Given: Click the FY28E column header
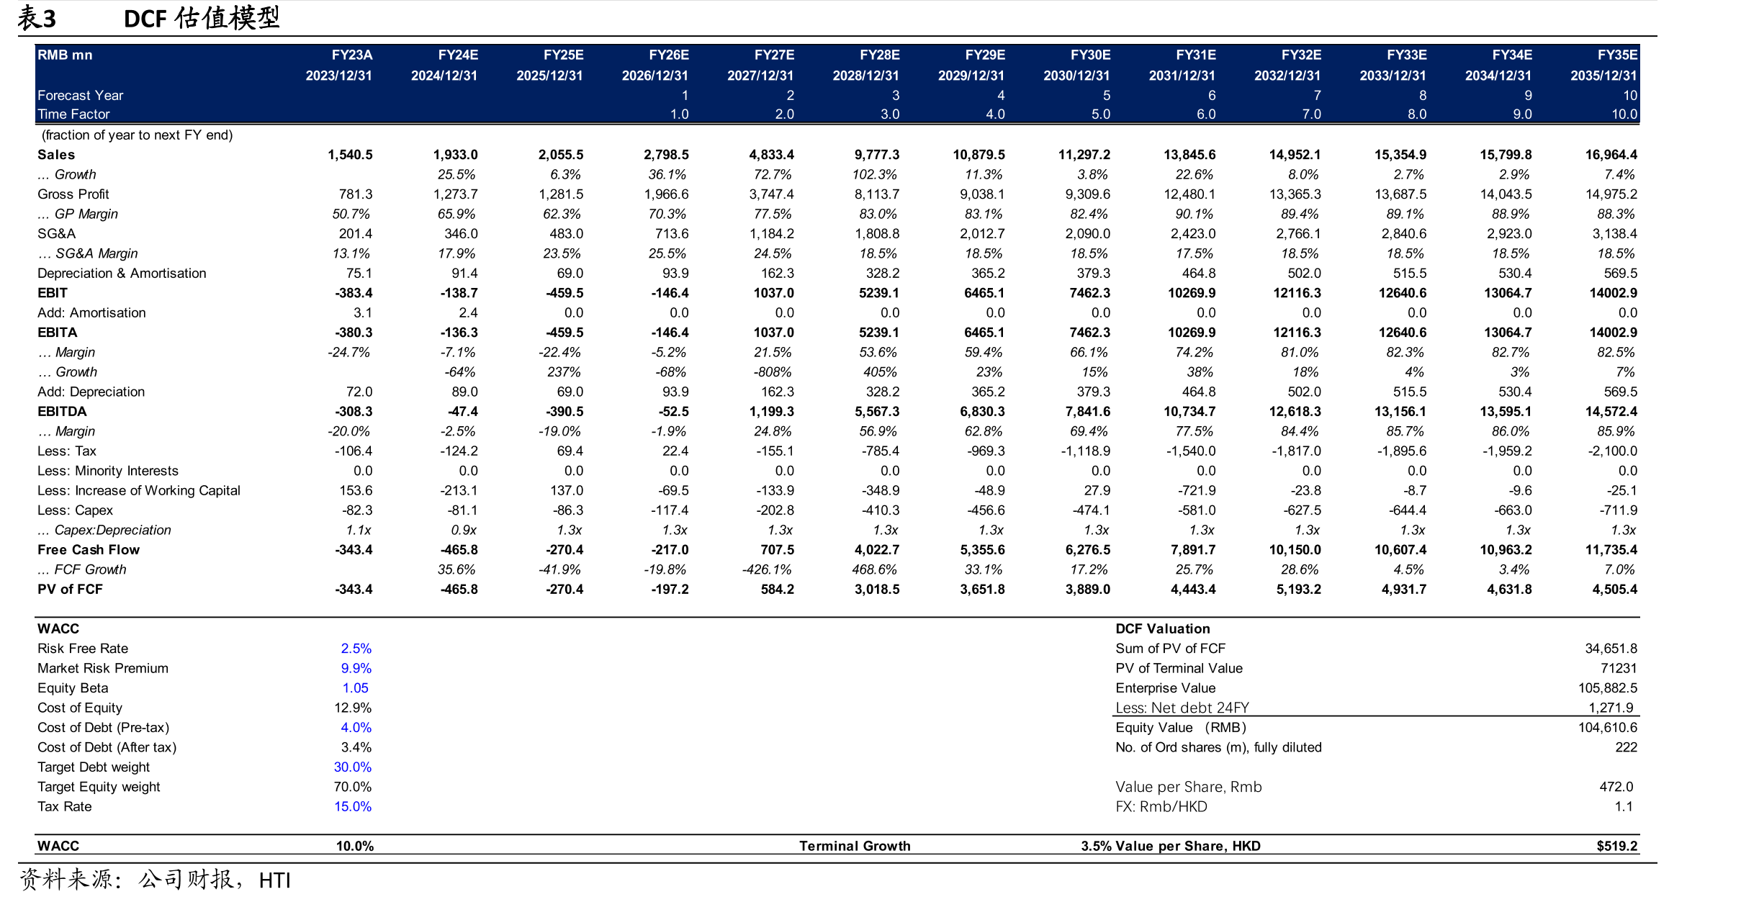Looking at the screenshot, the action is coord(879,55).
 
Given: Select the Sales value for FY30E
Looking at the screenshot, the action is coord(1084,155).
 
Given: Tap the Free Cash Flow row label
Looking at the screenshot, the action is coord(89,550).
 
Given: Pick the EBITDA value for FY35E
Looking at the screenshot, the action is coord(1611,412).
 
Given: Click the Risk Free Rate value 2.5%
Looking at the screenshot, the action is coord(356,649).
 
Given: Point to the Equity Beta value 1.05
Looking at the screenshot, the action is coord(356,688).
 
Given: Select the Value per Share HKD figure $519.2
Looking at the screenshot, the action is coord(1617,847).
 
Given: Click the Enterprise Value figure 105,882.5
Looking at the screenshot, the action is coord(1608,688).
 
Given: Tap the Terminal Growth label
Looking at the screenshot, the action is coord(855,847).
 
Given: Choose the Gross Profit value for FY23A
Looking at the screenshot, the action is coord(356,194).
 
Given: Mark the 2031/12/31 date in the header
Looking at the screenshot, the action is coord(1182,76).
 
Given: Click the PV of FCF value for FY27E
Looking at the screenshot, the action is coord(778,590).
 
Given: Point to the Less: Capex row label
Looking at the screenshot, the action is coord(75,510).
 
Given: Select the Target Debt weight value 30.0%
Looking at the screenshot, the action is coord(353,767).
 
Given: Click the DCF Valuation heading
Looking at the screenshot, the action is coord(1163,629).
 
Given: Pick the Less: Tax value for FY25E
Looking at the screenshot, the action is coord(570,451).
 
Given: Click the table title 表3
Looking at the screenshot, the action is coord(37,18).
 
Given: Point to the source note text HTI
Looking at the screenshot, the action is coord(274,880).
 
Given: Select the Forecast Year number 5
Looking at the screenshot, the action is coord(1107,96).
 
